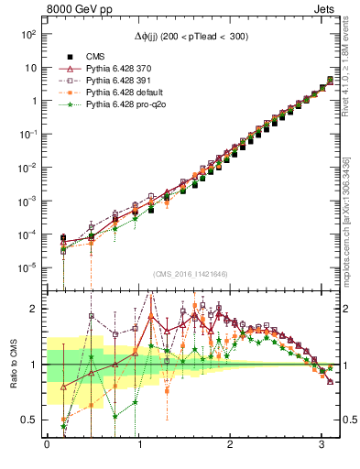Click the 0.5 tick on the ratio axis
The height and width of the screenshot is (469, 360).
pos(31,420)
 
